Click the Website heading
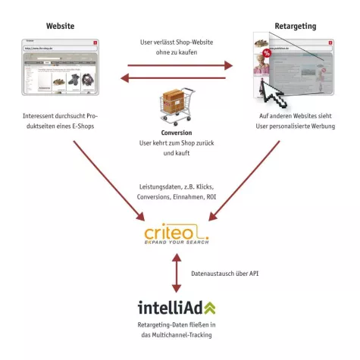[60, 26]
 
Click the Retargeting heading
[296, 26]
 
